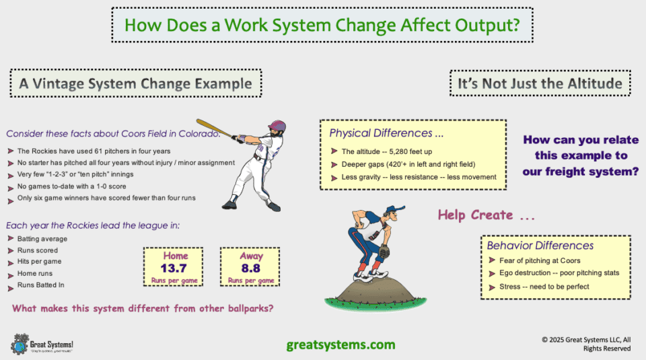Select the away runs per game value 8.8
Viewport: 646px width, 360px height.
[251, 268]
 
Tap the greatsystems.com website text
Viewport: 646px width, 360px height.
[341, 345]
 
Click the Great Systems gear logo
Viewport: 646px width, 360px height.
[20, 343]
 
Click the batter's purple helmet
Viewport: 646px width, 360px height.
[277, 127]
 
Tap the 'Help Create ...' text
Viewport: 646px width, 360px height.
[487, 215]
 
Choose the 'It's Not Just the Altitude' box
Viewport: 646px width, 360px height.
[540, 83]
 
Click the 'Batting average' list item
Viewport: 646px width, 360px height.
[42, 239]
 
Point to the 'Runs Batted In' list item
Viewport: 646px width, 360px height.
[41, 285]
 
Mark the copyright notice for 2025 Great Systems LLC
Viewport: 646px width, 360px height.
[586, 344]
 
